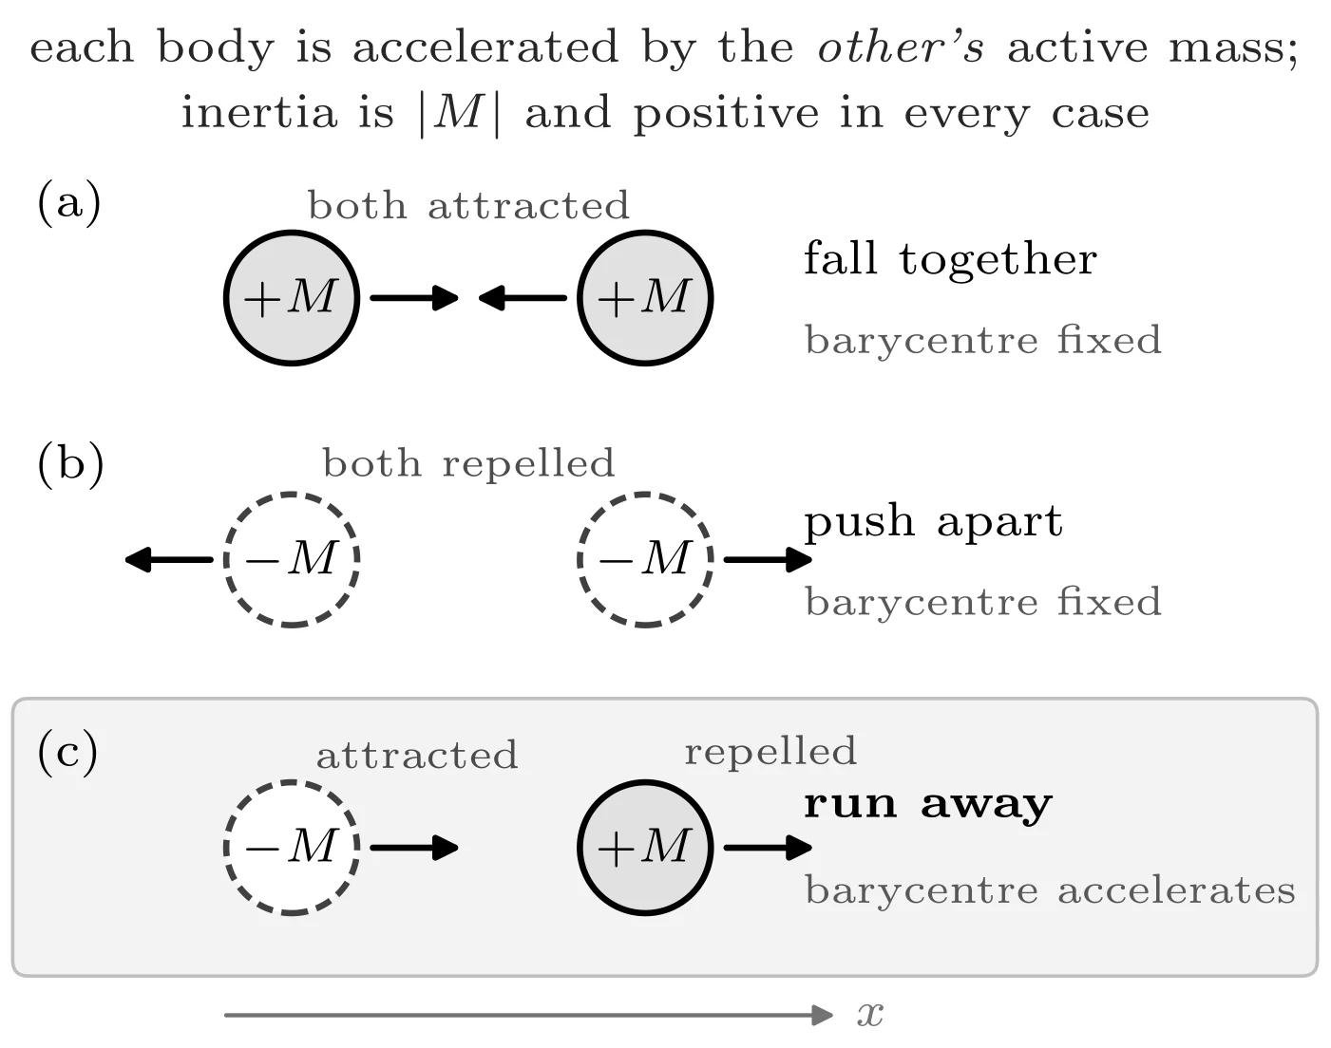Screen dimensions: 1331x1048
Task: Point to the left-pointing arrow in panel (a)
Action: [x=523, y=298]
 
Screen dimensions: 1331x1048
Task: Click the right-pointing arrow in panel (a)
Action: [x=414, y=298]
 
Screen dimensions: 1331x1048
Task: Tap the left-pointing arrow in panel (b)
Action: [x=169, y=560]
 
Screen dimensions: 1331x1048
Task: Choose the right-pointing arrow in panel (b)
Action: [x=768, y=560]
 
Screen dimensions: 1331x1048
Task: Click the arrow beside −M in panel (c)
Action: [x=414, y=847]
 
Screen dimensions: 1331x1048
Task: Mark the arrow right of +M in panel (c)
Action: [x=768, y=847]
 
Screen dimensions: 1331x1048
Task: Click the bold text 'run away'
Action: [x=928, y=805]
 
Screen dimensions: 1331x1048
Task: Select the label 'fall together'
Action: [x=951, y=259]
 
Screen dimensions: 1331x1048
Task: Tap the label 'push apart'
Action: [x=933, y=523]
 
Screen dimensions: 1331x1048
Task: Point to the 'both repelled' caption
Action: [x=468, y=463]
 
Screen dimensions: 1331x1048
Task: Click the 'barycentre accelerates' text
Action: [x=1050, y=890]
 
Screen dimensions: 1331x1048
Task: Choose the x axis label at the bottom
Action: [x=870, y=1015]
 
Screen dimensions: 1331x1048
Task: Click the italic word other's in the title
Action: [x=901, y=47]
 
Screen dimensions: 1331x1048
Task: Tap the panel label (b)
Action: [x=70, y=464]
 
